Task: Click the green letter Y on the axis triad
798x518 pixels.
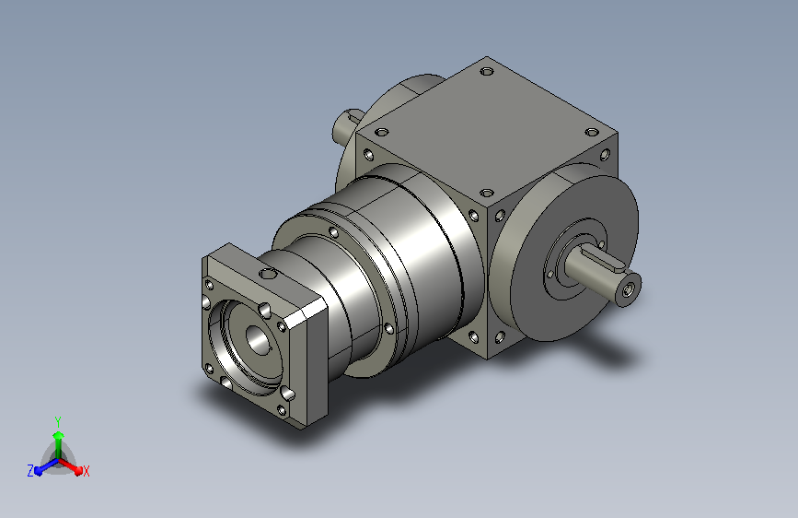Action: (58, 421)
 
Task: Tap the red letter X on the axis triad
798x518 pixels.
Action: (86, 471)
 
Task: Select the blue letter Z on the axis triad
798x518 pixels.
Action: (30, 471)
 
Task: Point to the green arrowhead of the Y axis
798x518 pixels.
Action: (59, 436)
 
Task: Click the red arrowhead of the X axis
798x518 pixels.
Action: (78, 469)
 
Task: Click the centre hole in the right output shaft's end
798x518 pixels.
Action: (627, 290)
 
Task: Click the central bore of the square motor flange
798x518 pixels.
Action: (259, 339)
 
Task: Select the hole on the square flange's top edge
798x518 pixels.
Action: (268, 274)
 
